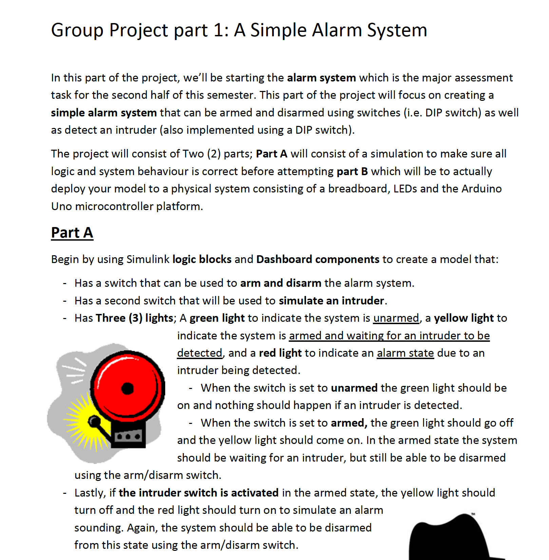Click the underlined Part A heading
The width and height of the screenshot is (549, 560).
pyautogui.click(x=72, y=233)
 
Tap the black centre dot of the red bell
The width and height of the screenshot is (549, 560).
pyautogui.click(x=128, y=388)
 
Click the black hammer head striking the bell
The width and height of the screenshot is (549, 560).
pyautogui.click(x=94, y=421)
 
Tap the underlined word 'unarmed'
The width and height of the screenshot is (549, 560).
pyautogui.click(x=396, y=318)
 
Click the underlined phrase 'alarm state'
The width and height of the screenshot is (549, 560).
pyautogui.click(x=405, y=353)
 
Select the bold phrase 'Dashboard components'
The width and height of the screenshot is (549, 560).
pyautogui.click(x=318, y=259)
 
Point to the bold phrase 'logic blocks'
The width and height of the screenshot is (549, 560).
pyautogui.click(x=202, y=259)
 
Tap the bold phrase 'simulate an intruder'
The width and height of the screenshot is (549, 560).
pyautogui.click(x=331, y=301)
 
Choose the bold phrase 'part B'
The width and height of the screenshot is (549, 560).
pyautogui.click(x=352, y=171)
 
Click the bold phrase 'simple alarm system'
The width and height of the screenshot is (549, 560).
pyautogui.click(x=104, y=113)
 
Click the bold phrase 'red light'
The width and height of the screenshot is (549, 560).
pyautogui.click(x=280, y=353)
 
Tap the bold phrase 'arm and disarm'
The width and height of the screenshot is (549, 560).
pyautogui.click(x=281, y=283)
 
